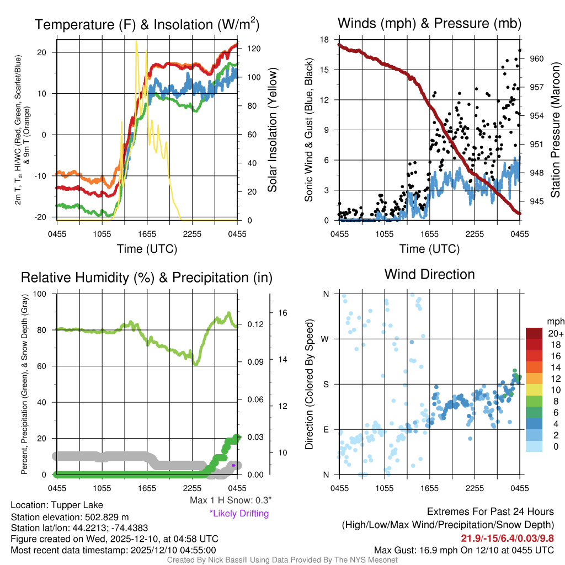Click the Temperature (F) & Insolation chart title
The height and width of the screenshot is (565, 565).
pos(147,24)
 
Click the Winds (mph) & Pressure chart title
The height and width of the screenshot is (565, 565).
pos(429,23)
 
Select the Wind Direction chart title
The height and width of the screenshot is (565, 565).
pos(429,274)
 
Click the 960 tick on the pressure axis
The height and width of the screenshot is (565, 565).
pos(537,58)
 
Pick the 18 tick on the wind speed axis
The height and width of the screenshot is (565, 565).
pos(325,40)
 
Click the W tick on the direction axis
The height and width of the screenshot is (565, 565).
pos(326,339)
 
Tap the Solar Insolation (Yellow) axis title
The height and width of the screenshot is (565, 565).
pos(272,130)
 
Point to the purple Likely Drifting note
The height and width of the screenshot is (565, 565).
pos(239,514)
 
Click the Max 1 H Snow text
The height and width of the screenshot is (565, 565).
pos(231,500)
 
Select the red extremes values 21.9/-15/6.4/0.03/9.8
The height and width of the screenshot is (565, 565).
pos(507,538)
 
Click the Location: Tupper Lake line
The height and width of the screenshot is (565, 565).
pos(56,505)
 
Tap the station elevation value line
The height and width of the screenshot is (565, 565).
pos(70,517)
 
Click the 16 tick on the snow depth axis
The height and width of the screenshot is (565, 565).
pos(284,312)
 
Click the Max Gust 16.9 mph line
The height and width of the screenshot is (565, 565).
pos(463,550)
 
